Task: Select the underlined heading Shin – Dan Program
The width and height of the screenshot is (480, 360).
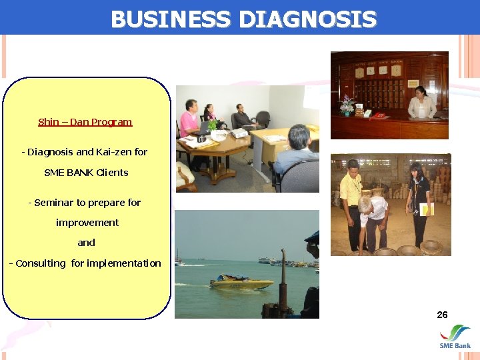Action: pyautogui.click(x=85, y=122)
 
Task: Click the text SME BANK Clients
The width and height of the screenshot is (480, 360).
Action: pyautogui.click(x=86, y=173)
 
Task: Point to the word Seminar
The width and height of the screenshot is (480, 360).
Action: pyautogui.click(x=54, y=203)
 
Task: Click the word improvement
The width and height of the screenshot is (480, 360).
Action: pyautogui.click(x=87, y=223)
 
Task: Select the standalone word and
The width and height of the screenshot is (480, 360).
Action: pyautogui.click(x=86, y=243)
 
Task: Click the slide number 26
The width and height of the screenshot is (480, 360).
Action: pyautogui.click(x=442, y=315)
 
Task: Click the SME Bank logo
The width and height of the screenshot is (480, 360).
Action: pyautogui.click(x=455, y=337)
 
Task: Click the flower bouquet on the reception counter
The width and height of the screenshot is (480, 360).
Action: pyautogui.click(x=347, y=105)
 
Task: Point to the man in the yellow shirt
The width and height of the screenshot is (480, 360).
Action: pyautogui.click(x=351, y=200)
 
